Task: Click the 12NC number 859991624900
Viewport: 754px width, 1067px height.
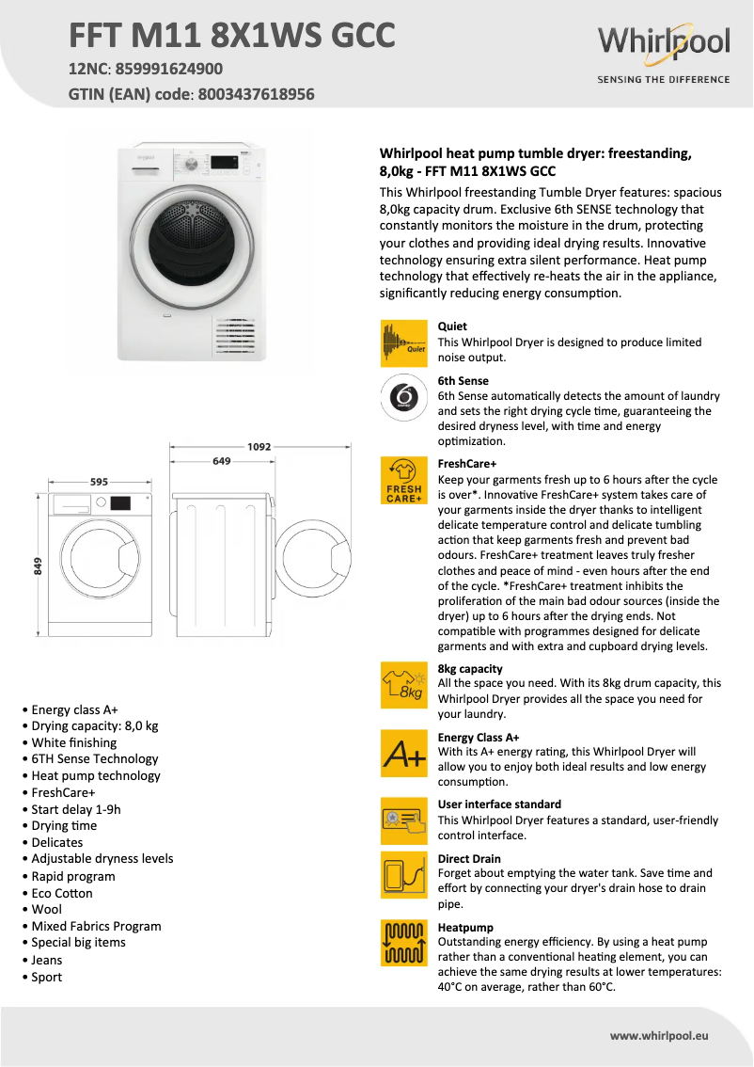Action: point(168,69)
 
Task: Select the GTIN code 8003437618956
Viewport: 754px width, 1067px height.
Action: point(254,94)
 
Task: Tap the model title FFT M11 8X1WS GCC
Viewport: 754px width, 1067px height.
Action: point(231,35)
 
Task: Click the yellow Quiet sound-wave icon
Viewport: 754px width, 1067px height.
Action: point(403,343)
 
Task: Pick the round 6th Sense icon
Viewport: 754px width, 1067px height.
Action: point(403,397)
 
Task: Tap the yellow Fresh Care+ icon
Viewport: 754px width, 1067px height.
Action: point(403,481)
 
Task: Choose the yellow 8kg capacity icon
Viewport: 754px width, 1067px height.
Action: point(403,686)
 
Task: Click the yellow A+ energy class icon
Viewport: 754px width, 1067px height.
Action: point(403,754)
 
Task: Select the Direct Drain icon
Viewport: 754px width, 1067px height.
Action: point(403,875)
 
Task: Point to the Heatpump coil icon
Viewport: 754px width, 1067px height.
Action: point(403,944)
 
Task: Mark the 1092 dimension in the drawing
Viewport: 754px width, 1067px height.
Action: point(259,447)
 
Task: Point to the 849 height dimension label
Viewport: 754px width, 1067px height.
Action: point(38,565)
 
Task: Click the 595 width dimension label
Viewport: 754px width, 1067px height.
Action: point(99,482)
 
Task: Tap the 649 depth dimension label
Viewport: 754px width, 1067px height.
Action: point(222,461)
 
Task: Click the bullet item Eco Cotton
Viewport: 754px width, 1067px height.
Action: point(62,893)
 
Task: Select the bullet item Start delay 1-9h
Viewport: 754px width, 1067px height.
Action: point(76,809)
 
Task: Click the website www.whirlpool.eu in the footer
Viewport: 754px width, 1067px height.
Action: point(659,1035)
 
